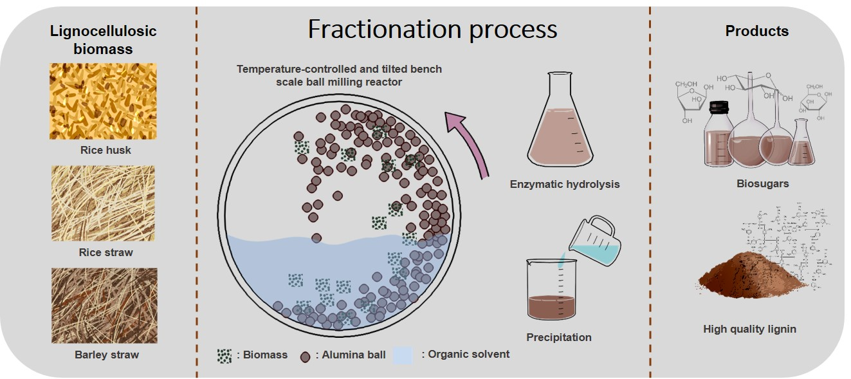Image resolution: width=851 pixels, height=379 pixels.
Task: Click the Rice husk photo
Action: coord(103,101)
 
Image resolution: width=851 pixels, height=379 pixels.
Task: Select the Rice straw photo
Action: coord(103,203)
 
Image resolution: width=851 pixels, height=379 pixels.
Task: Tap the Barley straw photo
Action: coord(104,305)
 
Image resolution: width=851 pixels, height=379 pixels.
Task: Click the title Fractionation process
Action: coord(432,30)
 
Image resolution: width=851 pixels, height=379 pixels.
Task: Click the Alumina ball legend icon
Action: coord(306,355)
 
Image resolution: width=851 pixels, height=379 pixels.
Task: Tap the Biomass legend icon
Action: coord(224,355)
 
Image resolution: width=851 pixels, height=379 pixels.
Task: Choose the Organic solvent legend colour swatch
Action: coord(403,355)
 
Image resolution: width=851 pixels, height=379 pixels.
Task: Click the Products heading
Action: coord(756,31)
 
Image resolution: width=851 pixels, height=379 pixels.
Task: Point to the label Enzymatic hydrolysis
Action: coord(565,184)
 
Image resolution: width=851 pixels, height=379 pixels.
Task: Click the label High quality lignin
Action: coord(749,329)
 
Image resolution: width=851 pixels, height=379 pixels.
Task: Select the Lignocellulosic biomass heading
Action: coord(104,40)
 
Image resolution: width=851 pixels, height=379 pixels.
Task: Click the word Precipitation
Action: coord(558,337)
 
